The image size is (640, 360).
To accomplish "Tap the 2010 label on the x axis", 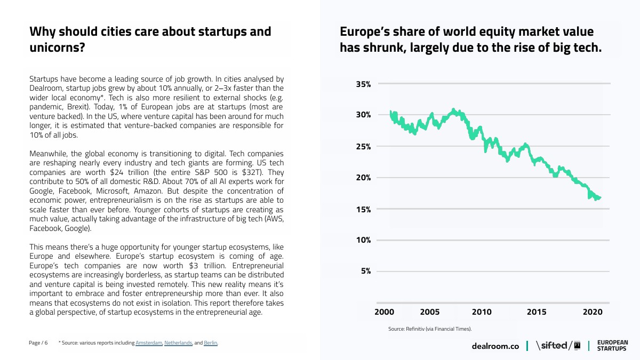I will point(482,312).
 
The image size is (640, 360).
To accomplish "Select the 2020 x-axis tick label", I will point(593,312).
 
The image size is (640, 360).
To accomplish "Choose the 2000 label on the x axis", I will point(384,312).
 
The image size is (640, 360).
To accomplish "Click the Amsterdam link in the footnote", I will point(149,343).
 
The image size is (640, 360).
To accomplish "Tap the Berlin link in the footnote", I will point(211,343).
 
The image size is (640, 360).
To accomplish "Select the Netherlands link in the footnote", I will point(178,343).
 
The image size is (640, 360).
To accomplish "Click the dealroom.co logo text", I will point(495,346).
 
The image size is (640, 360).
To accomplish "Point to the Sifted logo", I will point(558,346).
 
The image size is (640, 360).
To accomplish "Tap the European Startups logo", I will point(612,346).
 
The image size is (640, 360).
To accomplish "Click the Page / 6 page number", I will point(38,343).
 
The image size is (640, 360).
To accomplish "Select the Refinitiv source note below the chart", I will point(430,329).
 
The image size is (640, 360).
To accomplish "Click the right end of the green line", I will point(601,197).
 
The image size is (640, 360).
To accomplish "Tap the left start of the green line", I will point(390,111).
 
